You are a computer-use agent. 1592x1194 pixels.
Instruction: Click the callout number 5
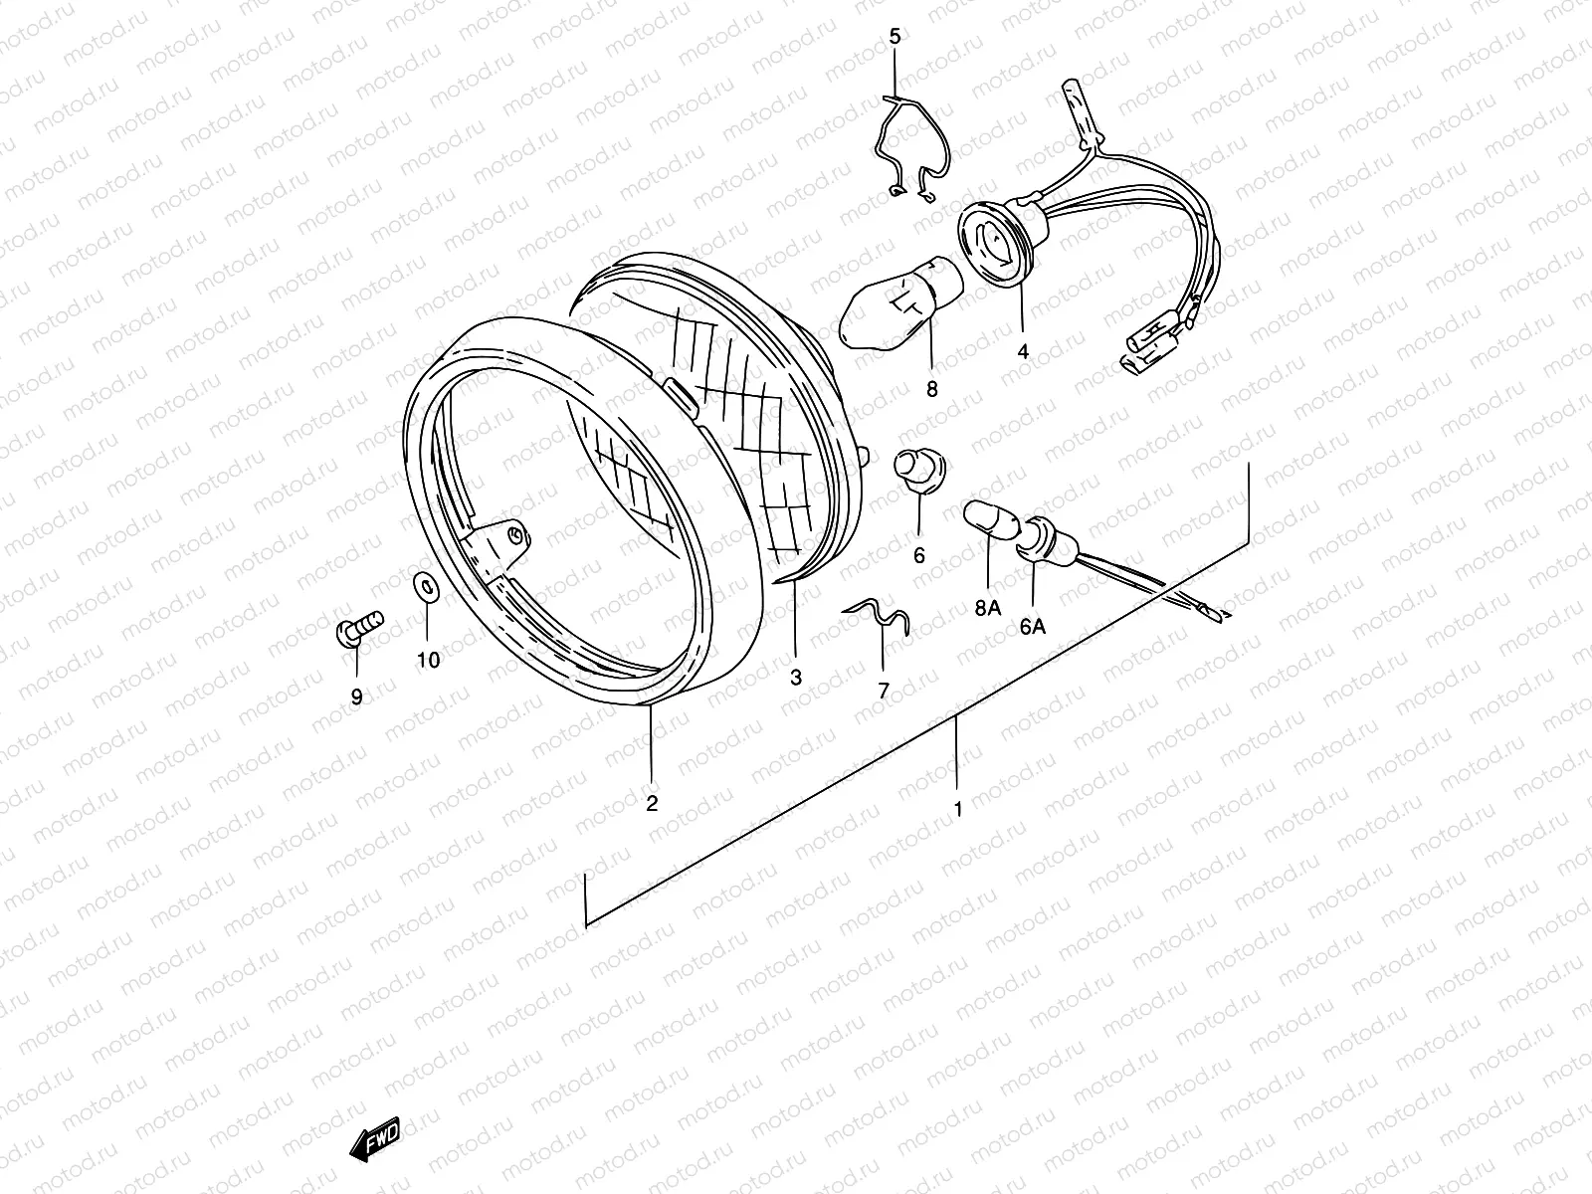tap(894, 38)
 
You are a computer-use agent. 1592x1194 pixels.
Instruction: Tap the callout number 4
tap(1022, 351)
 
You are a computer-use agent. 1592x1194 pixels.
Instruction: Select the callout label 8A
tap(987, 608)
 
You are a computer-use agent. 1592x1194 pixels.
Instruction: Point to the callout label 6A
tap(1032, 626)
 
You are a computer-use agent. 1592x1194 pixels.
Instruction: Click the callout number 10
tap(428, 660)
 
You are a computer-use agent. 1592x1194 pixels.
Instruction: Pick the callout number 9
tap(356, 696)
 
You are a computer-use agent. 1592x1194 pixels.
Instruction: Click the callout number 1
tap(958, 810)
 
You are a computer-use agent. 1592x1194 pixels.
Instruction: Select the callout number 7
tap(883, 690)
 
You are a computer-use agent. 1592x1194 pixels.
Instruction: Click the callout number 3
tap(795, 678)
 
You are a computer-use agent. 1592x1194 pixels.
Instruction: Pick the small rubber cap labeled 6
tap(916, 468)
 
